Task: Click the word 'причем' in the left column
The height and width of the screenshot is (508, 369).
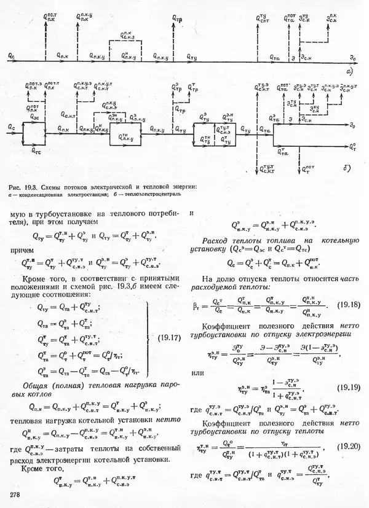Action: coord(20,251)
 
